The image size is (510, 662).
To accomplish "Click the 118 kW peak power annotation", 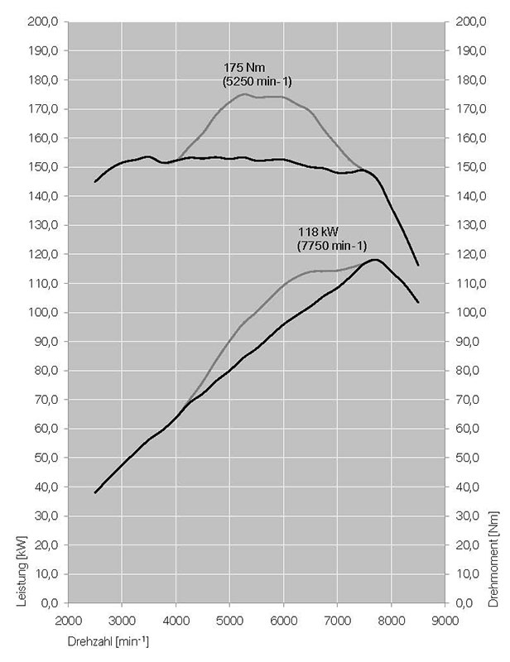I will pos(319,232).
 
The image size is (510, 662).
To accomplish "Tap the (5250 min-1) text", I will pos(257,81).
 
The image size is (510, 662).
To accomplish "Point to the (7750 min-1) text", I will pos(331,246).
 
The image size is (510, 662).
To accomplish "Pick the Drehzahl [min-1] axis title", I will pos(109,640).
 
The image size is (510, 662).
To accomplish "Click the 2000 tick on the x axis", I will pos(68,619).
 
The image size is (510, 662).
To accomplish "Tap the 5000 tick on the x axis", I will pos(229,619).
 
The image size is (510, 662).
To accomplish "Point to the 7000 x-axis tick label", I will pos(337,619).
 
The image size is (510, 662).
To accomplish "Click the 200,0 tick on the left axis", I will pos(42,22).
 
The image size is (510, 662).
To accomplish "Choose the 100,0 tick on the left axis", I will pos(42,313).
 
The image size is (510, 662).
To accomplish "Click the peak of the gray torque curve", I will pos(243,94).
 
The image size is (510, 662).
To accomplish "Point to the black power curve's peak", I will pos(376,260).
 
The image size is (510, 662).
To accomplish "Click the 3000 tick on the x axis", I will pos(122,619).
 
